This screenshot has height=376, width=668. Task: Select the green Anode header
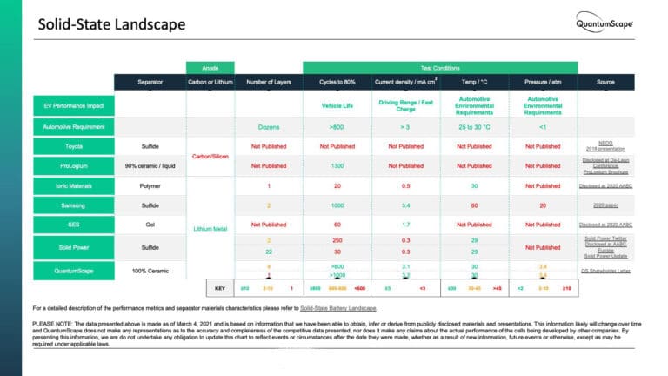[x=210, y=67]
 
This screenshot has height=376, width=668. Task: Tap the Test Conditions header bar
[x=440, y=67]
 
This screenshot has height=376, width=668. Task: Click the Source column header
[x=605, y=82]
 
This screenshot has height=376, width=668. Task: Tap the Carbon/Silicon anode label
[x=210, y=156]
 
